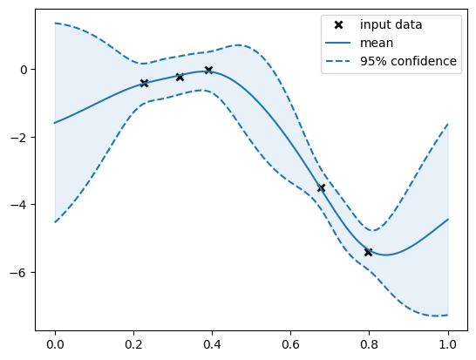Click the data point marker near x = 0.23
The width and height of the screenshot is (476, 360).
144,83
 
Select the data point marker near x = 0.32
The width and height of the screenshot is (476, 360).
180,77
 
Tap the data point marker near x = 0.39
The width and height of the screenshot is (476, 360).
208,70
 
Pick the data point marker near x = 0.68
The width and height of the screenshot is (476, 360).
321,187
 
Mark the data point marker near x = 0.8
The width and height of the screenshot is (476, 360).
368,252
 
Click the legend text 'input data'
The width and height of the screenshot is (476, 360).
391,24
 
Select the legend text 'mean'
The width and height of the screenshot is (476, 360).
377,43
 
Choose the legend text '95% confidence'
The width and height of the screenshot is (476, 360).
409,61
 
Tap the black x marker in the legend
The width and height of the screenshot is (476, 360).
339,24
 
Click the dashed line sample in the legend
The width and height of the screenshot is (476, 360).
339,61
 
